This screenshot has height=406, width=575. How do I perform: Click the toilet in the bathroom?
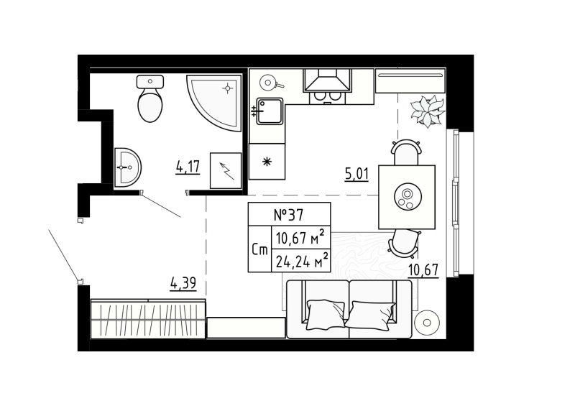149,102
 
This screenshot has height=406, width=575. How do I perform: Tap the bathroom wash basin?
127,167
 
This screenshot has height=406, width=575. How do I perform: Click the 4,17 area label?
188,167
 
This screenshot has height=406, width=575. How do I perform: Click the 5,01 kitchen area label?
356,173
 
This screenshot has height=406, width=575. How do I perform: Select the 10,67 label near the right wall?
423,270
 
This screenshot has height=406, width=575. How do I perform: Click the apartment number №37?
289,214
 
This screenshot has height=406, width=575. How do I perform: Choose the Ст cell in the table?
259,249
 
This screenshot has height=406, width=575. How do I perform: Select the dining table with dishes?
407,196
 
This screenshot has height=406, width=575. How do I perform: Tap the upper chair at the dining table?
406,153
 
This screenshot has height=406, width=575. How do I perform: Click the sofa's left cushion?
327,312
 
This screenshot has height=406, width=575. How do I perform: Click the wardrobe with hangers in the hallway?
148,318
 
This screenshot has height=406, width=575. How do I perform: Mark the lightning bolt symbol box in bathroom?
226,171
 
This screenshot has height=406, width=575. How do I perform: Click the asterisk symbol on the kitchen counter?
266,161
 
